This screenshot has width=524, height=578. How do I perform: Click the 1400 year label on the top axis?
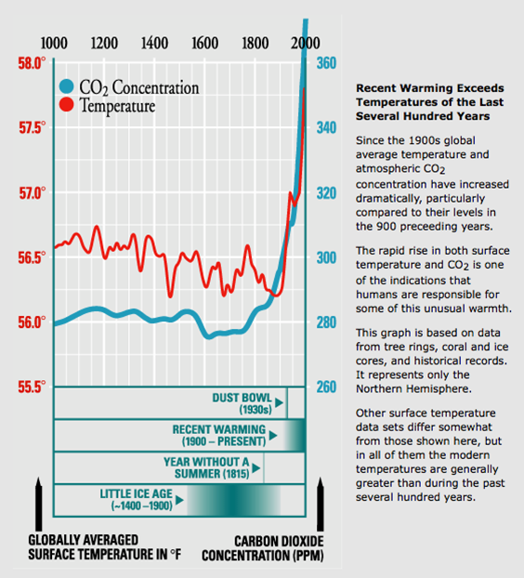155,44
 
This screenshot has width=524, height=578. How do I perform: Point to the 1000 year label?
54,44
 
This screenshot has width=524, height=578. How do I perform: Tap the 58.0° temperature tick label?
32,63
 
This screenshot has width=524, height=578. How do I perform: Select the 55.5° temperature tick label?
32,388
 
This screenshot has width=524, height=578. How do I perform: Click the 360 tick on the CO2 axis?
326,63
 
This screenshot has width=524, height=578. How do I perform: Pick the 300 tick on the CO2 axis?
326,257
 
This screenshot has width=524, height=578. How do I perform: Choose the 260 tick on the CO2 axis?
326,388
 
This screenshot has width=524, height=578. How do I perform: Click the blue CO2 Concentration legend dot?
67,86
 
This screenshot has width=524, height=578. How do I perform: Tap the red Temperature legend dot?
67,104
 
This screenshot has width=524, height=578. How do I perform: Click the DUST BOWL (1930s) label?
242,403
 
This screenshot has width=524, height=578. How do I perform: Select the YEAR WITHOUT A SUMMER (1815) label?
207,467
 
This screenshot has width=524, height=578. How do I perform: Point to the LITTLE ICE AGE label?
137,500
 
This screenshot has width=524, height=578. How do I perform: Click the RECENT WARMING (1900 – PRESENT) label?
219,435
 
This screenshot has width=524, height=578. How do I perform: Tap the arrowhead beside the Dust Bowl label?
279,402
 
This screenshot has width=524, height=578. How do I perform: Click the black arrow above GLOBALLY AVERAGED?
39,504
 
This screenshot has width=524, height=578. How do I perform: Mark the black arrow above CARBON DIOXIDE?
321,504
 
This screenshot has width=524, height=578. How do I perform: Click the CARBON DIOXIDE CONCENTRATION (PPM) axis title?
263,548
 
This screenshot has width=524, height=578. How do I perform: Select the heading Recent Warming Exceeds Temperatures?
430,102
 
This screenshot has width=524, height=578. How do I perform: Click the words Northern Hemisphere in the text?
413,389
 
